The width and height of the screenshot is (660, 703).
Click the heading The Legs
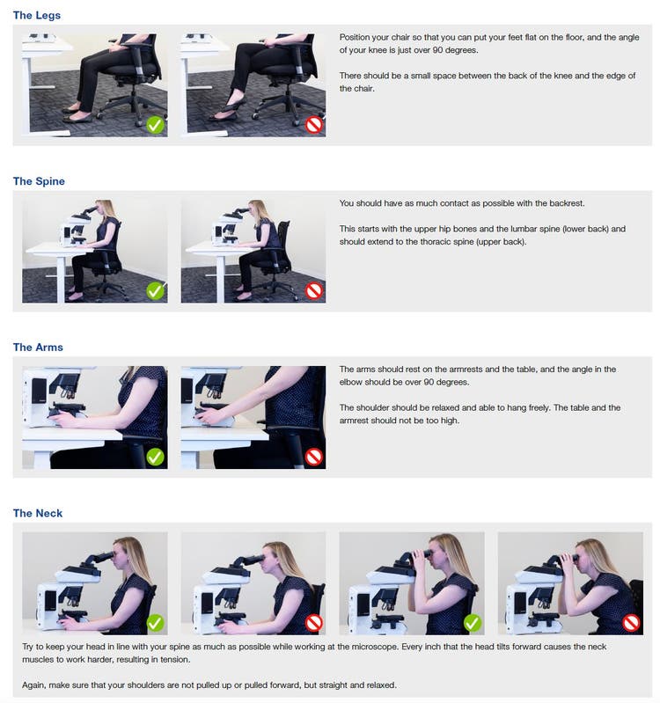tap(37, 16)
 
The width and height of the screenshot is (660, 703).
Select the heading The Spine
tap(39, 181)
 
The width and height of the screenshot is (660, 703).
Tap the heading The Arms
tap(38, 348)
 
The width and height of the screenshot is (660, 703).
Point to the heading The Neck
tap(38, 513)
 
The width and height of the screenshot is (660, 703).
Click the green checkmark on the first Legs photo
tap(155, 125)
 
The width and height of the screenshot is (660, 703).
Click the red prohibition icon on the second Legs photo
tap(313, 125)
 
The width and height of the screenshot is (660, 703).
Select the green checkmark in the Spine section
tap(155, 290)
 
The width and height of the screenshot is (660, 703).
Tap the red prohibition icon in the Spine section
tap(313, 290)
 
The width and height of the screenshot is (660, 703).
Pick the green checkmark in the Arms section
tap(155, 457)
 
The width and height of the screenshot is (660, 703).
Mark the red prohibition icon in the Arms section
tap(313, 457)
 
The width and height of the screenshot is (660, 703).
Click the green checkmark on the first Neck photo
tap(155, 623)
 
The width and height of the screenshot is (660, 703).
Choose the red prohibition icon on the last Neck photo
tap(631, 623)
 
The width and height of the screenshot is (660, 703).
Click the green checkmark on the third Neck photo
tap(473, 623)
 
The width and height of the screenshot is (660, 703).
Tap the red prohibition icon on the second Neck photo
tap(313, 623)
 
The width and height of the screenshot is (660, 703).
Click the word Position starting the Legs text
tap(356, 37)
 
